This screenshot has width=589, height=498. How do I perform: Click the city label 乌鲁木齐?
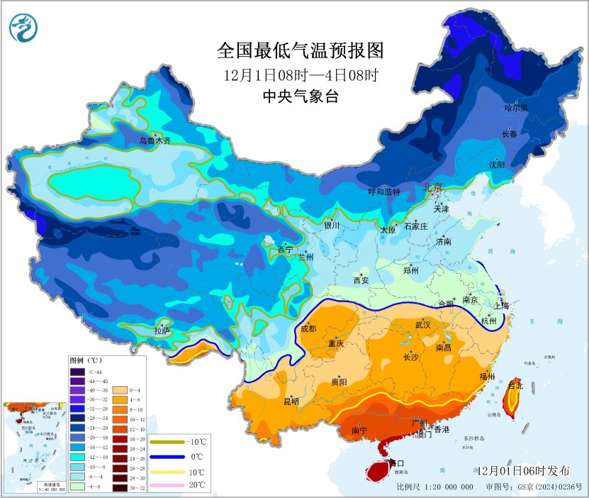(x=155, y=141)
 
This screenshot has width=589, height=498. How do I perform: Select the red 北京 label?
(x=432, y=188)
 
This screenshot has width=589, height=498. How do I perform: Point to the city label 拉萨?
(x=162, y=331)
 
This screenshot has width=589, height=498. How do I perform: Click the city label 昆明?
(x=291, y=402)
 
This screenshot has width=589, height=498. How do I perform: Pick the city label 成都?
(x=308, y=328)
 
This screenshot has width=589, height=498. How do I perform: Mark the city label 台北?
(x=516, y=386)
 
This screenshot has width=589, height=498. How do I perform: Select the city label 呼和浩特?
(x=384, y=192)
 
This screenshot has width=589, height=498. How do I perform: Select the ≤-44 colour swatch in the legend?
(x=77, y=372)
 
